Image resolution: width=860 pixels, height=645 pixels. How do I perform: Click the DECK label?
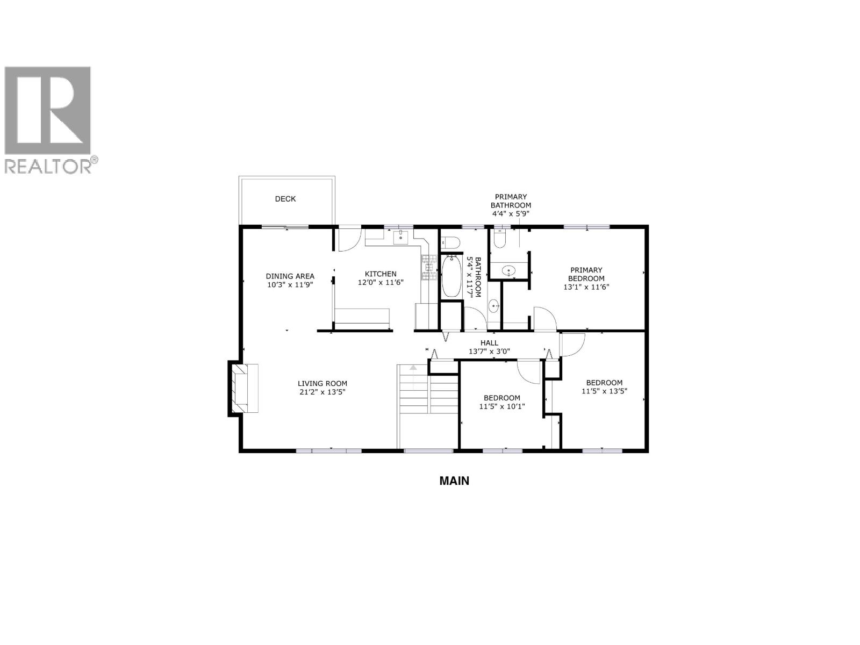coord(285,199)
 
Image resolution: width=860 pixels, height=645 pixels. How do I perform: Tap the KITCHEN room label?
coord(381,274)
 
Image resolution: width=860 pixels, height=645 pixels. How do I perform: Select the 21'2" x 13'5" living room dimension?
coord(322,392)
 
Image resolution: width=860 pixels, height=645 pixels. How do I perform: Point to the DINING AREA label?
coord(290,276)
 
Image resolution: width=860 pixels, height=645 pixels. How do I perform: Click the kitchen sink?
coord(401,237)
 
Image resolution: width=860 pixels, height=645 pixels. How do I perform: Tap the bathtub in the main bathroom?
coord(451,276)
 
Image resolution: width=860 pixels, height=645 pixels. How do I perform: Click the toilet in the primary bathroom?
coord(499,238)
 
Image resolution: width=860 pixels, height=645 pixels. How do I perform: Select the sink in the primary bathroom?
coord(508,270)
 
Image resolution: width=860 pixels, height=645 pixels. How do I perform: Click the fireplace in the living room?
coord(244,388)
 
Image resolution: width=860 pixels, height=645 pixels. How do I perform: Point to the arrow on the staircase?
coord(413,369)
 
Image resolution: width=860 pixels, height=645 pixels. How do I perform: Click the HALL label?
coord(489,342)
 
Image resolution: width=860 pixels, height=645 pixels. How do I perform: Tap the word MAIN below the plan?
coord(454,481)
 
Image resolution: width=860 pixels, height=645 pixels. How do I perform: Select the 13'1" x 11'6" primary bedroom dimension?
coord(586,287)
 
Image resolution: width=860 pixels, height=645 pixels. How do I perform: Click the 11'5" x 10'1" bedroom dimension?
coord(502,407)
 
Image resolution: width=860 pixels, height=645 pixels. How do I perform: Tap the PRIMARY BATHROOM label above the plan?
coord(511,201)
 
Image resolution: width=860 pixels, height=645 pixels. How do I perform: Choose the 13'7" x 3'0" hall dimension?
coord(489,352)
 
